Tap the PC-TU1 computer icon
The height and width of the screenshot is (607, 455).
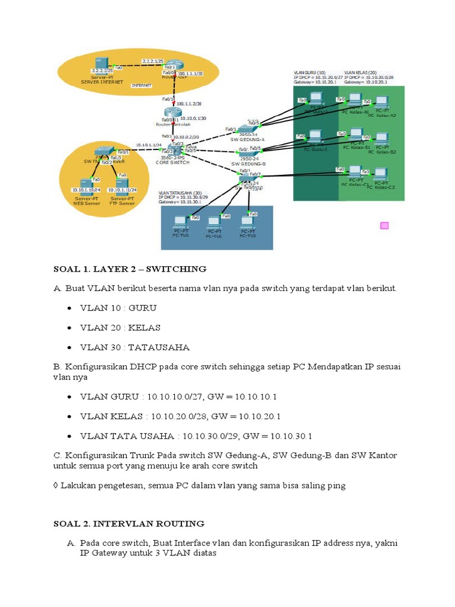tap(181, 223)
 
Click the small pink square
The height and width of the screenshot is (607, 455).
tap(384, 225)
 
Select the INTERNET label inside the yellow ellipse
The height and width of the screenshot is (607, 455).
tap(142, 85)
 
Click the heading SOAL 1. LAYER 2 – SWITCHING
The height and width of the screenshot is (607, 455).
tap(130, 269)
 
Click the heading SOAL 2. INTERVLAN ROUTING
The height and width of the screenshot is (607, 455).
tap(129, 523)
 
